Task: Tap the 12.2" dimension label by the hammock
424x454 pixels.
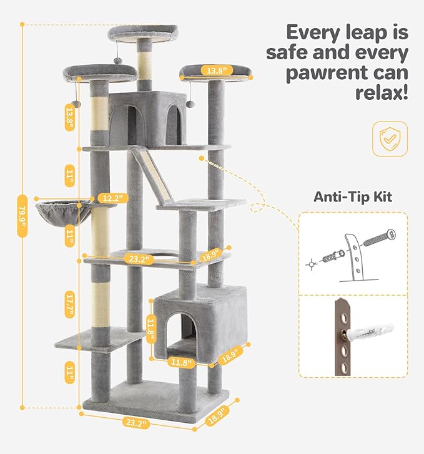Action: (111, 198)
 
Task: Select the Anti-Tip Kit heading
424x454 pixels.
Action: (352, 196)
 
